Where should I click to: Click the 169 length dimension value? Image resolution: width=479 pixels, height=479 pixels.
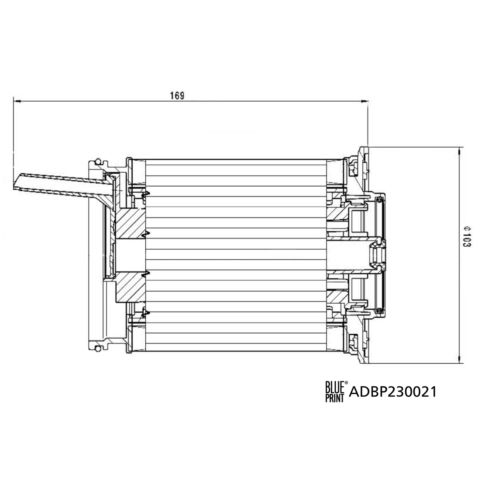[177, 95]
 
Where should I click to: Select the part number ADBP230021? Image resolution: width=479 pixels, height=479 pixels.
[393, 392]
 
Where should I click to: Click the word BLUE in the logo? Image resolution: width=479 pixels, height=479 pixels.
[334, 387]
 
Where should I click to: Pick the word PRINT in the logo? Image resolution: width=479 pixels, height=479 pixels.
[334, 397]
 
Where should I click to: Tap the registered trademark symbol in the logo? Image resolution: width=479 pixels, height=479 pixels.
[346, 383]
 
